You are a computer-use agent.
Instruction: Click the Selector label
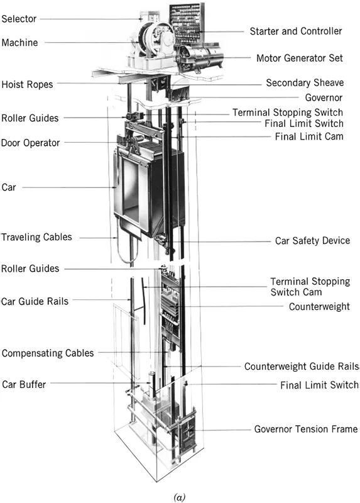click(19, 19)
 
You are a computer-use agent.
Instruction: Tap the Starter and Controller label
click(296, 31)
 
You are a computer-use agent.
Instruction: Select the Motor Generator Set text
click(300, 58)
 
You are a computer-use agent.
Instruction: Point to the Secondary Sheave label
click(305, 83)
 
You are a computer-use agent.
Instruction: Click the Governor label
click(324, 97)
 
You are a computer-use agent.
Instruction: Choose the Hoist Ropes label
click(27, 84)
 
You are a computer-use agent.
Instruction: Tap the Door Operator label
click(30, 143)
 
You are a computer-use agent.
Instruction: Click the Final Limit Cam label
click(309, 136)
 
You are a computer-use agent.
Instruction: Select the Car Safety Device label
click(312, 241)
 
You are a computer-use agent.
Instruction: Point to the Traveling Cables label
click(36, 237)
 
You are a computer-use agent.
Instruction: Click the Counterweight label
click(319, 307)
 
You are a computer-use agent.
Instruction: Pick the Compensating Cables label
click(48, 353)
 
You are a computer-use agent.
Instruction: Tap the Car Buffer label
click(24, 384)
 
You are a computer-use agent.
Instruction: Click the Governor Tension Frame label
click(306, 429)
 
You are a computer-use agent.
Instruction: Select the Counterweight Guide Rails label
click(302, 367)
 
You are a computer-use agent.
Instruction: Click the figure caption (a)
click(180, 497)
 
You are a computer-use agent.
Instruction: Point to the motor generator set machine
click(199, 58)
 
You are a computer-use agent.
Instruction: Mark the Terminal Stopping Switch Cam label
click(310, 287)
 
